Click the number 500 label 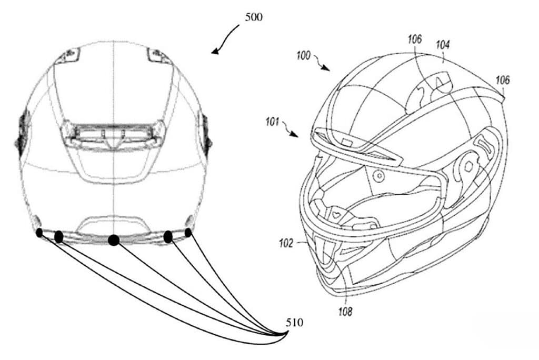pyautogui.click(x=253, y=17)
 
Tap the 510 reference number pyautogui.click(x=295, y=323)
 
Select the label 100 pyautogui.click(x=303, y=55)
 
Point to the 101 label pyautogui.click(x=272, y=122)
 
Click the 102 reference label pyautogui.click(x=286, y=244)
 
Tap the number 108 pyautogui.click(x=345, y=312)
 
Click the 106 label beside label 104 pyautogui.click(x=415, y=39)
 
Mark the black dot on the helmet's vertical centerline pyautogui.click(x=114, y=240)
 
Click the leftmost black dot pyautogui.click(x=39, y=233)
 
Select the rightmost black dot pyautogui.click(x=188, y=233)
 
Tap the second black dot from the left pyautogui.click(x=59, y=237)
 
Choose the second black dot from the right pyautogui.click(x=168, y=237)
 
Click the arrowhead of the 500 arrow pyautogui.click(x=215, y=52)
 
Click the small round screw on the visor pyautogui.click(x=379, y=176)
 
